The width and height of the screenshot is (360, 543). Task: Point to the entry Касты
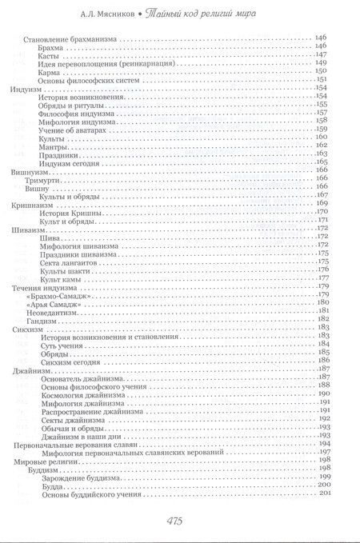coord(50,58)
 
